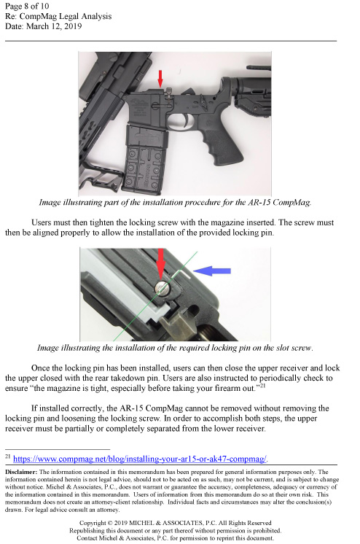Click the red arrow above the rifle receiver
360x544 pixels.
click(160, 79)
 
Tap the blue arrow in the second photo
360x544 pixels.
click(211, 271)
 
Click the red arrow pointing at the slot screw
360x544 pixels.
click(160, 265)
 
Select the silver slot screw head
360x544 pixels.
click(163, 287)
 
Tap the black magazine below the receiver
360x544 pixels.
click(145, 159)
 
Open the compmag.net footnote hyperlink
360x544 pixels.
click(140, 459)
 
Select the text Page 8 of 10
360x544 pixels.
click(27, 7)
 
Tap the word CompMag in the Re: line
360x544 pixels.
click(36, 16)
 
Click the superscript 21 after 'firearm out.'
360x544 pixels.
click(262, 385)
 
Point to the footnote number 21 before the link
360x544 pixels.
click(7, 456)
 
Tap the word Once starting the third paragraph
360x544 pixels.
click(39, 368)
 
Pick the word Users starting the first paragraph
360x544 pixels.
click(41, 222)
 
